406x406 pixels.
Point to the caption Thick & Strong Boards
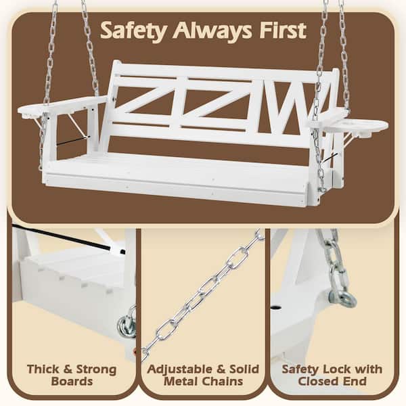(x=71, y=376)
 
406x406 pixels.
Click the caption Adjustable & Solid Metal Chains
(x=203, y=376)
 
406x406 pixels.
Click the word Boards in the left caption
(x=71, y=382)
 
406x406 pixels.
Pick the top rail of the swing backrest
(x=223, y=70)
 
